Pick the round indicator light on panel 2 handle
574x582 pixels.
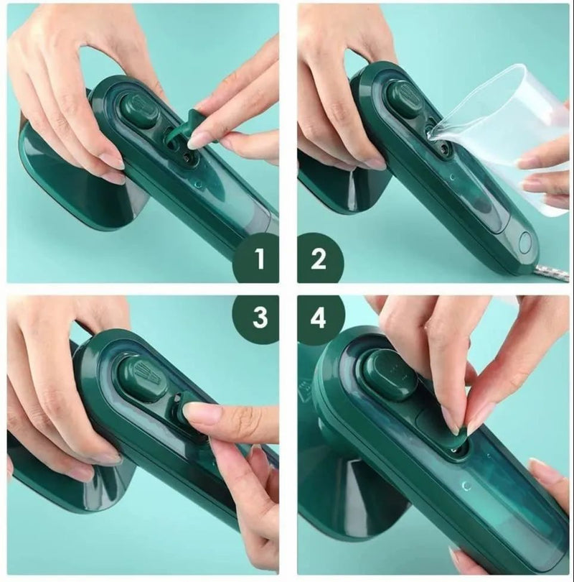[526, 242]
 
